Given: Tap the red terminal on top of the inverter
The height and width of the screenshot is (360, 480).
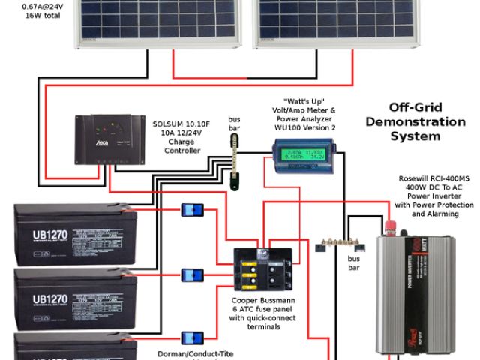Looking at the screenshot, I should [391, 224].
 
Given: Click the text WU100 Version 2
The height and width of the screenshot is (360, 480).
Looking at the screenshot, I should [305, 128].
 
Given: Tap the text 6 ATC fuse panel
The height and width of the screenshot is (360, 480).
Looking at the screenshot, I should [262, 309].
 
